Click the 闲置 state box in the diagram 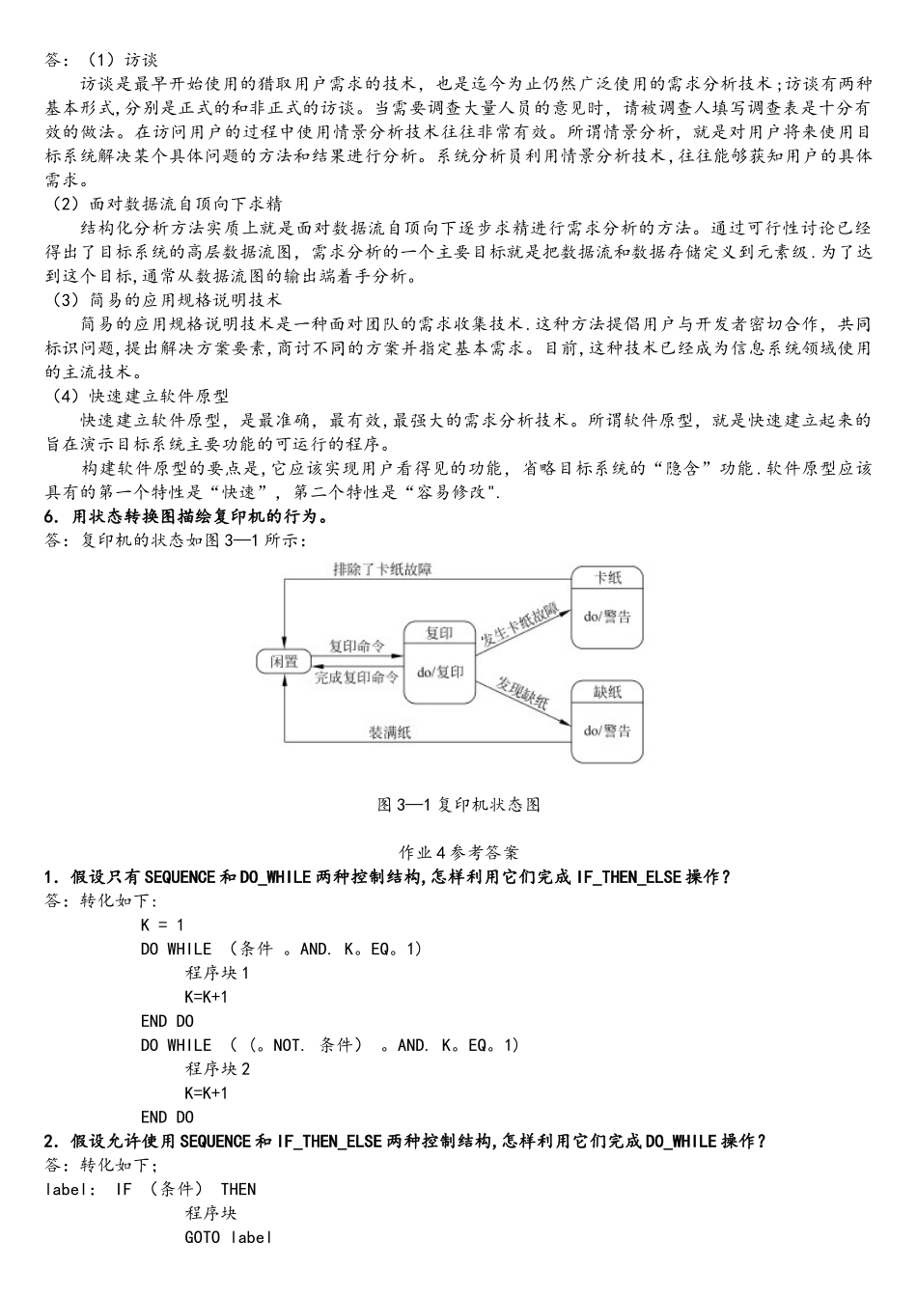tap(284, 662)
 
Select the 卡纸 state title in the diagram tap(607, 578)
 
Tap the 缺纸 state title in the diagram tap(607, 692)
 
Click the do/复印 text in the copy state tap(439, 672)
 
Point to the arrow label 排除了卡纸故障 tap(382, 569)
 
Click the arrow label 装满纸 tap(390, 732)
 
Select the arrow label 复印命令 tap(356, 646)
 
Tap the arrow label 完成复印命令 tap(356, 677)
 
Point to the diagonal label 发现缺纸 tap(522, 694)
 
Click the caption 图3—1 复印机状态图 tap(458, 805)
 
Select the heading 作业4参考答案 tap(458, 852)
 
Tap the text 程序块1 tap(217, 973)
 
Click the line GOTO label tap(228, 1237)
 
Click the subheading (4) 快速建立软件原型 tap(141, 397)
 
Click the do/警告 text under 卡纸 tap(607, 617)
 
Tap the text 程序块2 tap(217, 1069)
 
